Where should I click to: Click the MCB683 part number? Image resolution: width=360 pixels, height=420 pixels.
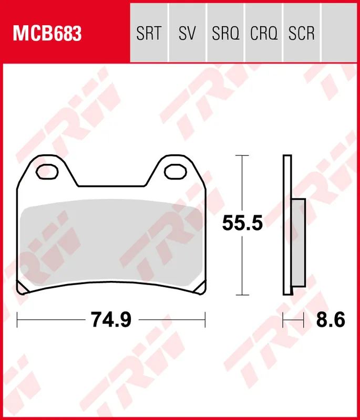click(47, 34)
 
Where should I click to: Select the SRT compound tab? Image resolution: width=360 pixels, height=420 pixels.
click(148, 34)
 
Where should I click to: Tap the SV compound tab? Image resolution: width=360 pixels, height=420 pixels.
click(187, 34)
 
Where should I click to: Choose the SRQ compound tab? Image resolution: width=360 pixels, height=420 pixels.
click(225, 34)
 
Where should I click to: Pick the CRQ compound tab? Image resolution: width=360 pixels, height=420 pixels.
click(264, 34)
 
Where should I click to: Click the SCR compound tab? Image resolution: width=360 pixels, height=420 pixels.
click(302, 34)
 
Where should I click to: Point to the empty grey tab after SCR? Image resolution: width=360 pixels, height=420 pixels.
click(339, 34)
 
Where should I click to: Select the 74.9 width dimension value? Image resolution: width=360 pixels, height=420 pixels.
click(111, 319)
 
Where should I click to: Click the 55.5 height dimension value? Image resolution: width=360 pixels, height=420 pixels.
click(242, 224)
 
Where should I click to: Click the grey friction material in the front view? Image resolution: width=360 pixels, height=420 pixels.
click(111, 244)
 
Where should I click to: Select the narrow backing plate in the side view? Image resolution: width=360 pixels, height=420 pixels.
click(287, 226)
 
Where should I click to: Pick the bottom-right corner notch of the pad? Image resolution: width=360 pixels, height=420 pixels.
click(200, 288)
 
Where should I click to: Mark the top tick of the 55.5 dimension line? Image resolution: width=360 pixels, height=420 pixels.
click(242, 156)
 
